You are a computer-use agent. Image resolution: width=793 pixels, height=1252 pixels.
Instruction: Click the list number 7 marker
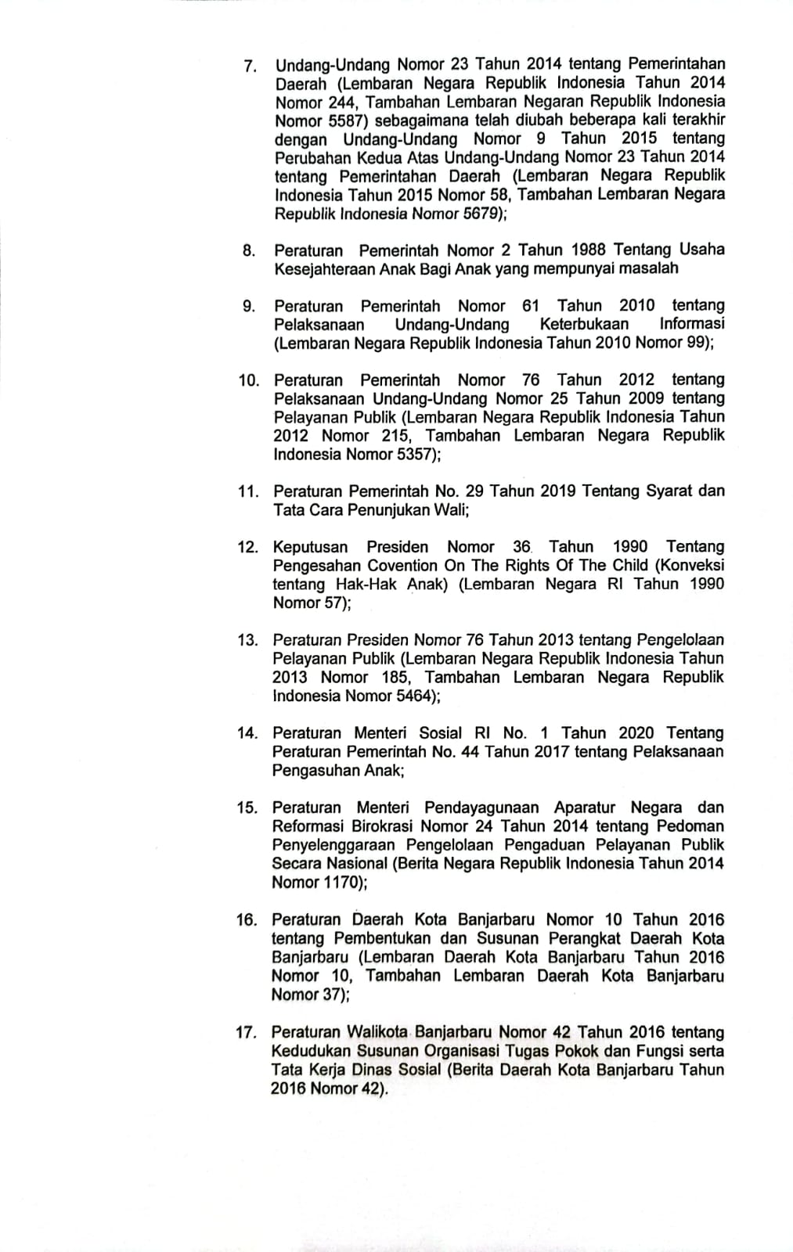click(250, 66)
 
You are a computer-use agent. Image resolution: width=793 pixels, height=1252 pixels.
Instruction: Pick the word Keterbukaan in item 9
click(584, 325)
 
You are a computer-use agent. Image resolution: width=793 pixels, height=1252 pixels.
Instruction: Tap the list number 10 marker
click(249, 381)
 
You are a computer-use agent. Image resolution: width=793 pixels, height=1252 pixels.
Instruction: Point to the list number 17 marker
click(246, 1033)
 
